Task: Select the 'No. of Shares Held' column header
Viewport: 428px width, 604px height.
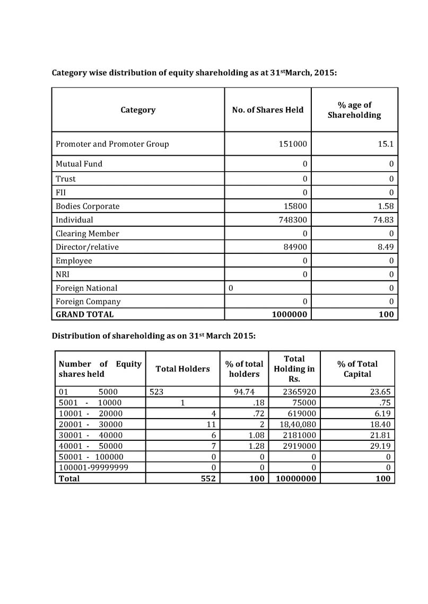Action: pos(268,110)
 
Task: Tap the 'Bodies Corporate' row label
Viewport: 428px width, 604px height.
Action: pos(88,206)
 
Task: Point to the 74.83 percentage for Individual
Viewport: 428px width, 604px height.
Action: pos(383,220)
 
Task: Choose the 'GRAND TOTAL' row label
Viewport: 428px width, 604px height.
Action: pos(85,314)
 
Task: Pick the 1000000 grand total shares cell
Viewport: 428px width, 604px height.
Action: pos(289,314)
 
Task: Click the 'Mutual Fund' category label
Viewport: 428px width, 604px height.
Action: pos(79,164)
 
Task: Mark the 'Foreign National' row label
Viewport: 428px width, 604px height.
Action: pos(86,288)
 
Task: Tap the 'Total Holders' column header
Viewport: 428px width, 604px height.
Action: pos(182,369)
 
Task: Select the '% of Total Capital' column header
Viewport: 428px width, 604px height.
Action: pos(357,369)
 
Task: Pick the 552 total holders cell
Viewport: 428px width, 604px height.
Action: pos(205,478)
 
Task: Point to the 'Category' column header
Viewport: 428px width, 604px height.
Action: pos(138,110)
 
